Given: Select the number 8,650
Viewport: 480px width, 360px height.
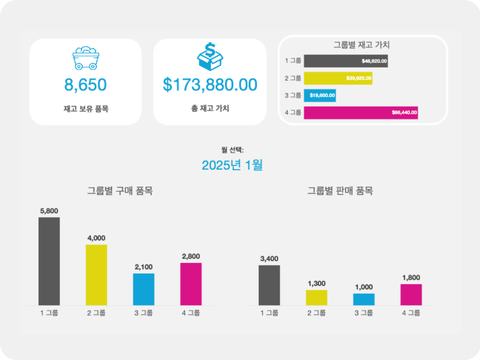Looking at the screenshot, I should point(86,85).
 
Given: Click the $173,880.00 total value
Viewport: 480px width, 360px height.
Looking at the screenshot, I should point(210,85).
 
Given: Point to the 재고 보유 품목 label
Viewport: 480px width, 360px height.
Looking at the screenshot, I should point(86,108).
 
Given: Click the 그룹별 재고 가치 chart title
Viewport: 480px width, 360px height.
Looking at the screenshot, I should point(362,45).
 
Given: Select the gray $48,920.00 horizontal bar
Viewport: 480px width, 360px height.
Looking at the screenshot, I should point(346,61).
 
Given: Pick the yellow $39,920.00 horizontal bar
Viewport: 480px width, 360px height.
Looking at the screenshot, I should point(338,78).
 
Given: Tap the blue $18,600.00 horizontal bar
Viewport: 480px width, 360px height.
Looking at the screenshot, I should point(320,96).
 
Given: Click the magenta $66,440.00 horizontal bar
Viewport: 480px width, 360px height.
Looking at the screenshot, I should point(361,113).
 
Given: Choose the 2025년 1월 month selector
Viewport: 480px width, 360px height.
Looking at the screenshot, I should point(232,165).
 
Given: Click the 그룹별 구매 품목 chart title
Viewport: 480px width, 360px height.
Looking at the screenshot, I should point(120,191).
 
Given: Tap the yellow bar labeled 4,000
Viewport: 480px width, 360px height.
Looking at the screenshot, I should point(96,275).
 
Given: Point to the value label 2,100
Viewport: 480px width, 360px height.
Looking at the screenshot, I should point(144,267).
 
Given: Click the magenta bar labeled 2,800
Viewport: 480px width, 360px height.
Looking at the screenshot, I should point(191,284).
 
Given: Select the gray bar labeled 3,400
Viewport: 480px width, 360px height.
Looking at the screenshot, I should point(269,285).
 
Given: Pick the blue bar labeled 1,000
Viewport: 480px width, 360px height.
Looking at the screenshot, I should point(364,299).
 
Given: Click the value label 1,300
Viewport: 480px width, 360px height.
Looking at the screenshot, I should point(316,284).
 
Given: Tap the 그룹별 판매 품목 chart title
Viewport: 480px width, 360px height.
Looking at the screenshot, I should point(340,191).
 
